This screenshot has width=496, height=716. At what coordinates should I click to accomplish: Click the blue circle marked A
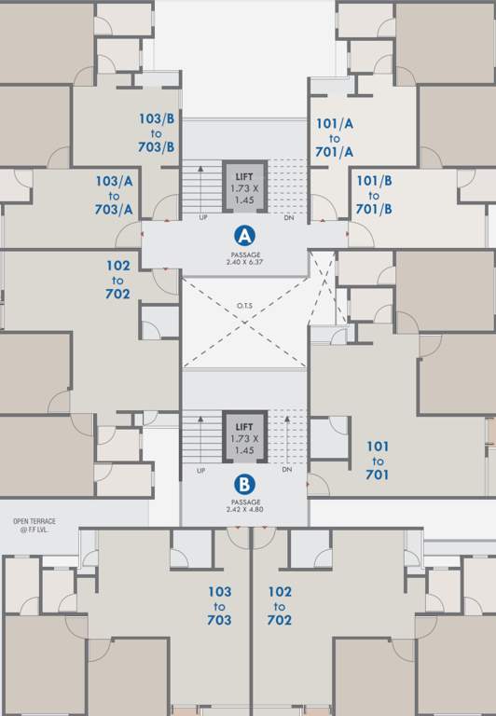244,234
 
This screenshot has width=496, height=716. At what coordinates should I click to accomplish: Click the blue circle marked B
243,485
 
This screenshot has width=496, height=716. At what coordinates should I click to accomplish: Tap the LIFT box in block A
243,187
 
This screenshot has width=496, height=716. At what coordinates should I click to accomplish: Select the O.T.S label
244,304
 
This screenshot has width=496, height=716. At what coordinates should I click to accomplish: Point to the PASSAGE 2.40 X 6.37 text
244,258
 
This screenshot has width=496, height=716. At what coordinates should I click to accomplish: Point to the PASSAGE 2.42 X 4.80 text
243,506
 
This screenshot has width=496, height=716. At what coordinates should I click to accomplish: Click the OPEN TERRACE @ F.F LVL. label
34,525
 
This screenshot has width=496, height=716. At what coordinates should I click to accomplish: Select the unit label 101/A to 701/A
335,137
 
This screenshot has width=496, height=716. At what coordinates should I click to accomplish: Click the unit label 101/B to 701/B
373,195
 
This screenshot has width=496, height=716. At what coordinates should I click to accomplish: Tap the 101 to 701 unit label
378,461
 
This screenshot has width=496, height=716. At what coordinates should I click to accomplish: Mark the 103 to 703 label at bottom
220,606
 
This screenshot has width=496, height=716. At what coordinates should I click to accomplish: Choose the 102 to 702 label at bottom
280,606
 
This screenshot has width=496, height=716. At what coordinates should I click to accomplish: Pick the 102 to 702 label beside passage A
117,279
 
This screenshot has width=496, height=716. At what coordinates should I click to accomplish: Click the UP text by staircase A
202,218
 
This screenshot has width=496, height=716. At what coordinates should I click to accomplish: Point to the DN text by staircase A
287,218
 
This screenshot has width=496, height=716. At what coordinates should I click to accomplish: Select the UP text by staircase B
201,470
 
